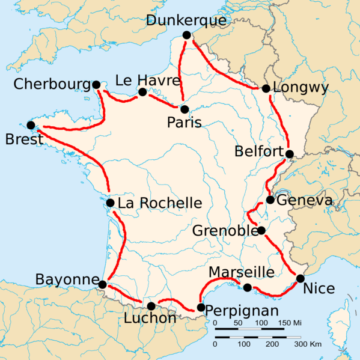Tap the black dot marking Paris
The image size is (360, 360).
tap(184, 107)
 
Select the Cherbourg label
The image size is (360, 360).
tap(49, 85)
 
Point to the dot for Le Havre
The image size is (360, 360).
tap(142, 92)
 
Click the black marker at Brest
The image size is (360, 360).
tap(30, 126)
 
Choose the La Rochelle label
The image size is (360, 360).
tap(154, 204)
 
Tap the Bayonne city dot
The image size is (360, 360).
tap(101, 285)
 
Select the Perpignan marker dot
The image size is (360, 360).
tap(201, 308)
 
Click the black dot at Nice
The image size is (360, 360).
tap(300, 278)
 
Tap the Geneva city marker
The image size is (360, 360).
tap(270, 200)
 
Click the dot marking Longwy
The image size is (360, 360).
tap(265, 88)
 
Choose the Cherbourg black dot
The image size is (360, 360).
tap(96, 85)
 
